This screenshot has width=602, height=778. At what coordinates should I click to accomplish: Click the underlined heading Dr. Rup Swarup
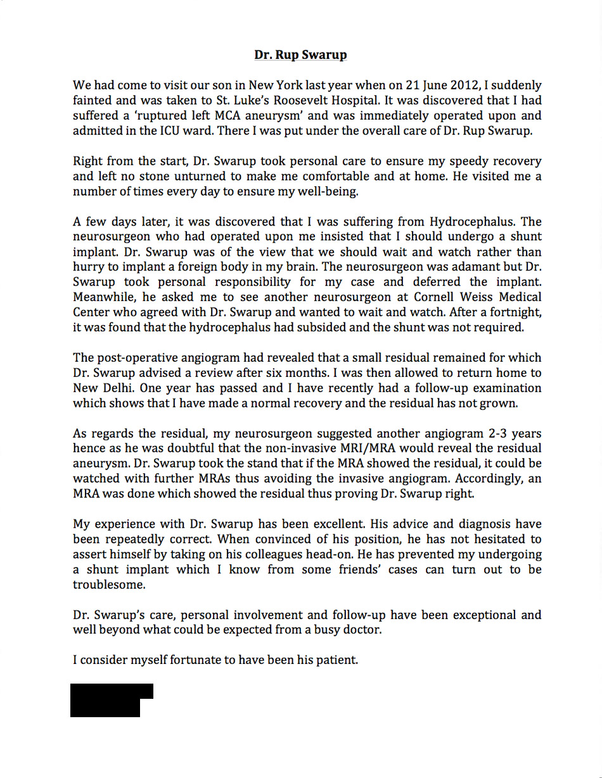(300, 55)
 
